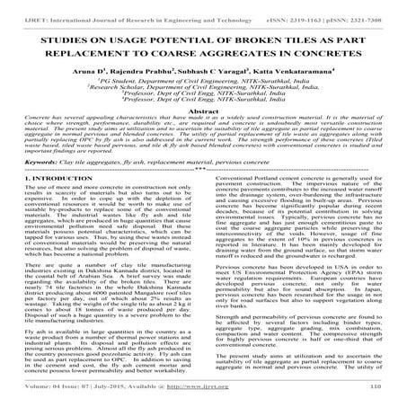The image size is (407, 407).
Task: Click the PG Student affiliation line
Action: point(202,78)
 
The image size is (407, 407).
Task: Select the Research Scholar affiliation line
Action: point(202,85)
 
